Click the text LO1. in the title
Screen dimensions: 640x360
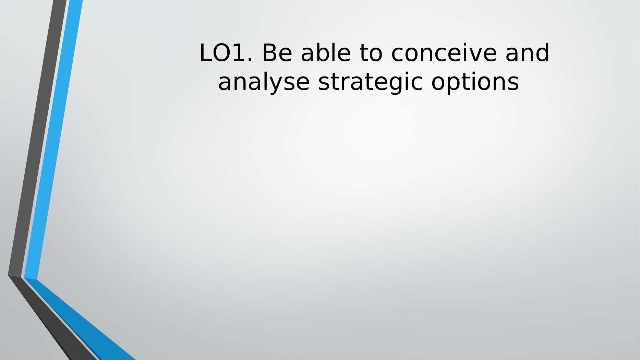226,53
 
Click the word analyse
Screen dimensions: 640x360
264,82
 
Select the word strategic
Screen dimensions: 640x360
370,82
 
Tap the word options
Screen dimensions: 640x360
475,82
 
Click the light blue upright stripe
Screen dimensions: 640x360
53,140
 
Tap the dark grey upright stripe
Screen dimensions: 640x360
37,138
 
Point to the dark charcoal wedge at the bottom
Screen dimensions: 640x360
51,319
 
